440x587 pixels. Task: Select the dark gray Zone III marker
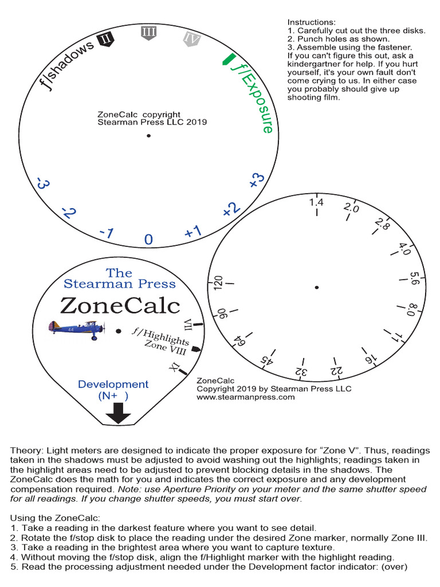click(148, 33)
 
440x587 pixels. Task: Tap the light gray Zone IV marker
click(191, 38)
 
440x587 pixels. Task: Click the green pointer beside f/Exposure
click(228, 58)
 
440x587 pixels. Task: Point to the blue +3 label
click(257, 180)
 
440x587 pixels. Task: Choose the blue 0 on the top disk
click(148, 239)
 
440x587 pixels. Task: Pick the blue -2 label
click(69, 213)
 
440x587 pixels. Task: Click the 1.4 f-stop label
click(316, 202)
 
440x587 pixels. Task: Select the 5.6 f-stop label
click(415, 278)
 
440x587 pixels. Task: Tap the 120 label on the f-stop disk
click(218, 283)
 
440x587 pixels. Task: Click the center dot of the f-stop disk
click(316, 287)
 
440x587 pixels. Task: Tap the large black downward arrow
click(119, 413)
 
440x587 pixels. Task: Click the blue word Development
click(113, 384)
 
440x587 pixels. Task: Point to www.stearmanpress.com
click(245, 397)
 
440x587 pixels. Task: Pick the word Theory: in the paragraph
click(27, 451)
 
